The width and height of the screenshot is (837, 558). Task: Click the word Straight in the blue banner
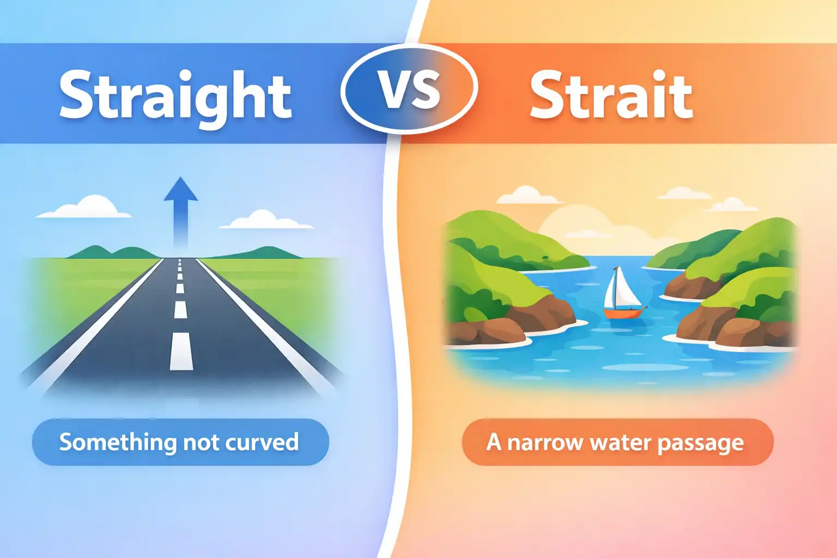point(175,98)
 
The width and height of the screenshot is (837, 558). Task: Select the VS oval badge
point(409,89)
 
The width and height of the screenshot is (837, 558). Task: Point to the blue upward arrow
point(181,211)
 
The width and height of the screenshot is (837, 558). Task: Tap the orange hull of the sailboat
point(624,313)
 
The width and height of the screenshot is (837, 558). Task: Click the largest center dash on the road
point(181,351)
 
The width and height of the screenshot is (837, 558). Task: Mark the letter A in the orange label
point(494,442)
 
